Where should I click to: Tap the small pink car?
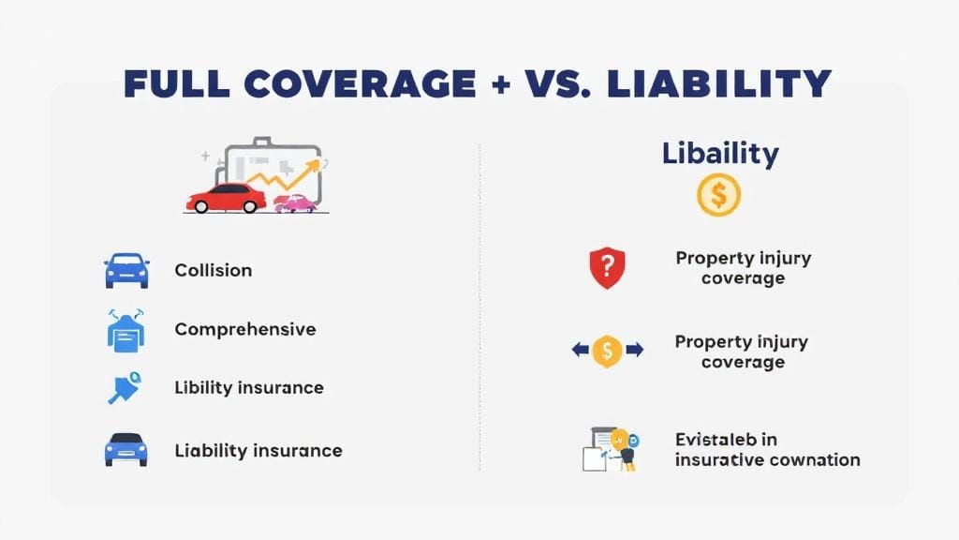294,202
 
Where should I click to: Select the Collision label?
214,270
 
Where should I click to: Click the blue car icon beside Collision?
126,270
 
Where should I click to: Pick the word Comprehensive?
245,329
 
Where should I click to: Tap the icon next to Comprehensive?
126,330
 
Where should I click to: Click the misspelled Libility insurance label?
249,387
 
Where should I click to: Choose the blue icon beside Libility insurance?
125,388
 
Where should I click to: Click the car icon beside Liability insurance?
126,449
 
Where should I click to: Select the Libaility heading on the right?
720,154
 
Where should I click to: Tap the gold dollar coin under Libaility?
719,196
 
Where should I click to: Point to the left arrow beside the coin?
581,351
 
